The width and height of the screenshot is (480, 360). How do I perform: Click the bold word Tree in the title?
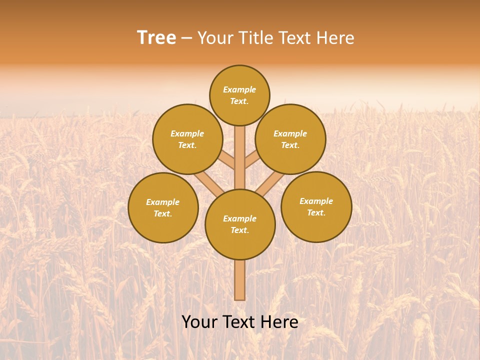tap(156, 38)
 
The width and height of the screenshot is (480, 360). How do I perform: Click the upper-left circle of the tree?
tap(187, 139)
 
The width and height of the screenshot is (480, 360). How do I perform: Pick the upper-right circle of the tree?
tap(290, 139)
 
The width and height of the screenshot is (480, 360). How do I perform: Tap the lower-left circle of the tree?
tap(163, 207)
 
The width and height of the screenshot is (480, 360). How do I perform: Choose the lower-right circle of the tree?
tap(316, 206)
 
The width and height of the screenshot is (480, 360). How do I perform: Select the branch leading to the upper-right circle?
tap(252, 161)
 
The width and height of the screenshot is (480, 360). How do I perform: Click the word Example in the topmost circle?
tap(239, 90)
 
